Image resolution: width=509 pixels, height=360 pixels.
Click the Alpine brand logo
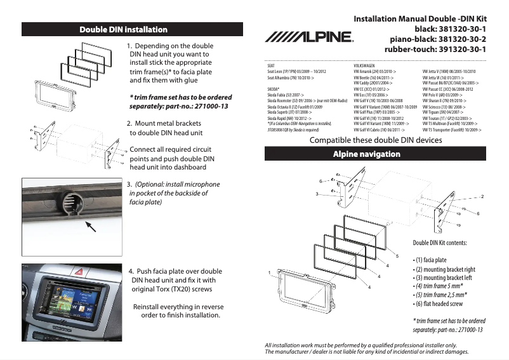(x=309, y=37)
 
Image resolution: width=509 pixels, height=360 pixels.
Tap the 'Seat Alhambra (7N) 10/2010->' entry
(x=291, y=77)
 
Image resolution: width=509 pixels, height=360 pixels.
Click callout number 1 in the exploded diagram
(x=269, y=272)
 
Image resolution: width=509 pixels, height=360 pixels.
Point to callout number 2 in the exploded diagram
(x=482, y=197)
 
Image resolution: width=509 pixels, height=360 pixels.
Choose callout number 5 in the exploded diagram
(x=397, y=256)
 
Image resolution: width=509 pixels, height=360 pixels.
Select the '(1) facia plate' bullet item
(x=430, y=260)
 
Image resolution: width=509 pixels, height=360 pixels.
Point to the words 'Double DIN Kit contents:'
(x=440, y=243)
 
